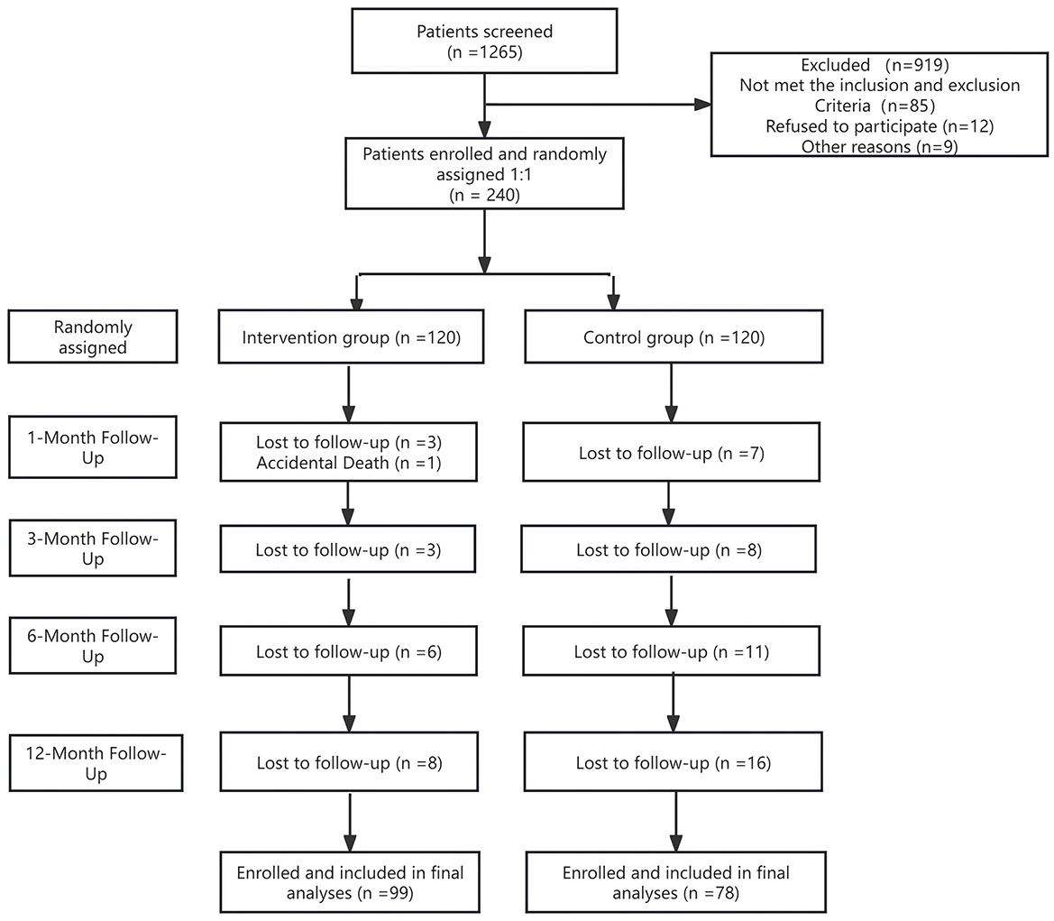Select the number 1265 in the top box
(x=499, y=52)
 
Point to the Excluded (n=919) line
(x=875, y=65)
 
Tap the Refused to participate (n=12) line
(x=879, y=126)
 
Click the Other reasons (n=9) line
(x=879, y=147)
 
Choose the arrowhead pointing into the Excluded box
(x=702, y=105)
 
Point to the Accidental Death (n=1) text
(x=349, y=463)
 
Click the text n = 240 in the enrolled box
(x=484, y=195)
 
